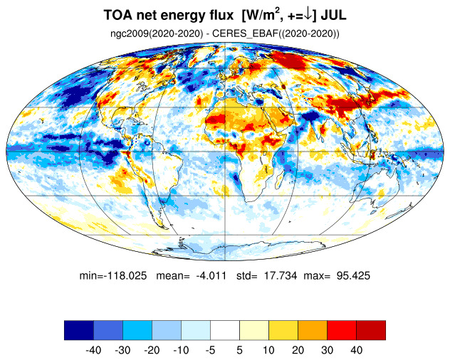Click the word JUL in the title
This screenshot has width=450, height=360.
(x=333, y=15)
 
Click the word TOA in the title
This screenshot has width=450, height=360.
(x=118, y=15)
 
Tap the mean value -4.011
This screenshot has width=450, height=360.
(x=211, y=276)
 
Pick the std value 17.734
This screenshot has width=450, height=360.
(x=280, y=276)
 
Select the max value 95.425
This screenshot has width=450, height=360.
(x=353, y=276)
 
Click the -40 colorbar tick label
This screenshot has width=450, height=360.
(x=93, y=350)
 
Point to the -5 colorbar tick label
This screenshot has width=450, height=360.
(x=210, y=350)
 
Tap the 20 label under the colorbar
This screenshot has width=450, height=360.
(x=298, y=350)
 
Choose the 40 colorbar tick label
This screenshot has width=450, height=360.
(x=356, y=350)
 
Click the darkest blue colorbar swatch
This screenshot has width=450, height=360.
(x=79, y=330)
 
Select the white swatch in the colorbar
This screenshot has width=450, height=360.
(x=225, y=330)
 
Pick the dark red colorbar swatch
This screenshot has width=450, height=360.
(x=371, y=330)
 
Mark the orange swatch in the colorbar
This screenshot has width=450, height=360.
(x=313, y=330)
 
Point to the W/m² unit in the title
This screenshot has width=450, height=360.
(x=261, y=15)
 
